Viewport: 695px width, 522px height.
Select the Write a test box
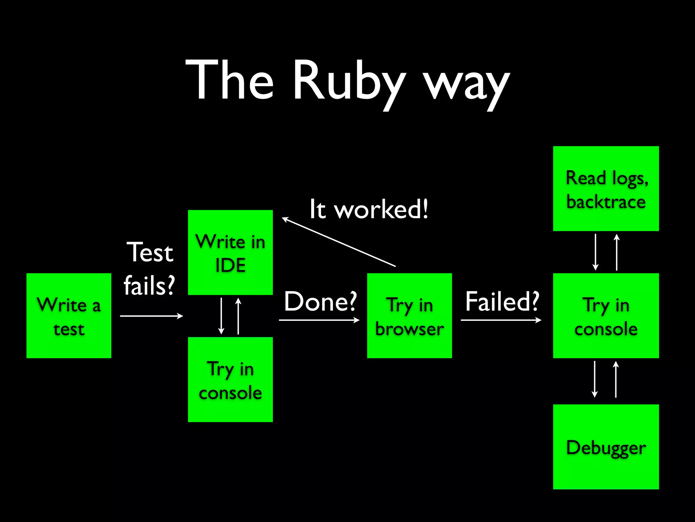(69, 316)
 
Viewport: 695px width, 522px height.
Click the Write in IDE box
(230, 253)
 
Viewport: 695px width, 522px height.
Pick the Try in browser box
(410, 316)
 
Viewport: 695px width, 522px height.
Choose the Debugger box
(606, 447)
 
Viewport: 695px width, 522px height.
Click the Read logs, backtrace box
(606, 189)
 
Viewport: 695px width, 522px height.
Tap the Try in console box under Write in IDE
(230, 380)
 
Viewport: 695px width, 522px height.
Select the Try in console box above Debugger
(606, 316)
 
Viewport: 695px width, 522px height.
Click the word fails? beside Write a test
(149, 285)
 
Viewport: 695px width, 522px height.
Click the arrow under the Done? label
(319, 320)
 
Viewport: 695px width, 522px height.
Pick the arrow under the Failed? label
(501, 320)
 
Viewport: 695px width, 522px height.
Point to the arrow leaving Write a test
(151, 316)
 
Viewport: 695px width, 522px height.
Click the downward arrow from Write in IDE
(221, 316)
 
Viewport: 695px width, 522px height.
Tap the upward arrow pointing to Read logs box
(617, 252)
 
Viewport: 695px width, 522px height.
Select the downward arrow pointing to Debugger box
(595, 379)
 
